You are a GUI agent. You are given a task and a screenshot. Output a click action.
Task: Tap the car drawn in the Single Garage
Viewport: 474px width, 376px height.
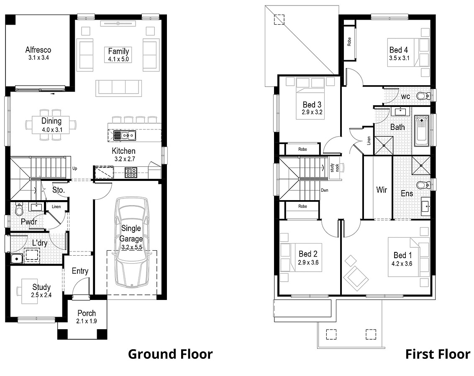(131, 242)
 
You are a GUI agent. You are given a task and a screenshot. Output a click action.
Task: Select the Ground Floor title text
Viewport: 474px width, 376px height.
(170, 354)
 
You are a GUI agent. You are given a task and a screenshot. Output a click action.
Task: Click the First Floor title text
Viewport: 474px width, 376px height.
(437, 354)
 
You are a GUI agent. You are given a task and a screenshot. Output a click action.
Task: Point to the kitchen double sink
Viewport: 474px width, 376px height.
(125, 135)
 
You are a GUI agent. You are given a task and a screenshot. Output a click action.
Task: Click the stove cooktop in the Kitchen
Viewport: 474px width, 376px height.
(131, 172)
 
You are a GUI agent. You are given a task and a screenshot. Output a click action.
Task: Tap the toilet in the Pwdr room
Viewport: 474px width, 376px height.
(19, 208)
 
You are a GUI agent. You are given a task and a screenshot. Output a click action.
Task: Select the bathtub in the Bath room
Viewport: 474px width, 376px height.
(421, 131)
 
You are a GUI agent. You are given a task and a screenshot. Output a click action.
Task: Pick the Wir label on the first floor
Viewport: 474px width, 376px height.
(381, 190)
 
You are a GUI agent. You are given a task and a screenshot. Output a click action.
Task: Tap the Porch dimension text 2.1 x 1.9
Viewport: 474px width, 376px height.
(86, 321)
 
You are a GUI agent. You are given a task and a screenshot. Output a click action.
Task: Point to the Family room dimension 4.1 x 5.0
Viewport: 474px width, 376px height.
(118, 59)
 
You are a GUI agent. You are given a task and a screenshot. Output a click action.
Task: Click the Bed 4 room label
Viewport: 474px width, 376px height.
(398, 50)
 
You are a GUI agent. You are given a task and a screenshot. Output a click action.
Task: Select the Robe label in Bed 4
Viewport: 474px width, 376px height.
(349, 41)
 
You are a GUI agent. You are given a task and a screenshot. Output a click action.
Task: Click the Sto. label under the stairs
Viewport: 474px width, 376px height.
(58, 190)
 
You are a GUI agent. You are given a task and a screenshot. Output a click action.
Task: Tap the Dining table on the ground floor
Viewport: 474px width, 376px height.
(51, 125)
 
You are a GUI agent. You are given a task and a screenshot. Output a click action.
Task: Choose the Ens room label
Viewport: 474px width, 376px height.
(407, 193)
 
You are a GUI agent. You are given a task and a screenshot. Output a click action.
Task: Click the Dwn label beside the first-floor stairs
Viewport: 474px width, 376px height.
(324, 191)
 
